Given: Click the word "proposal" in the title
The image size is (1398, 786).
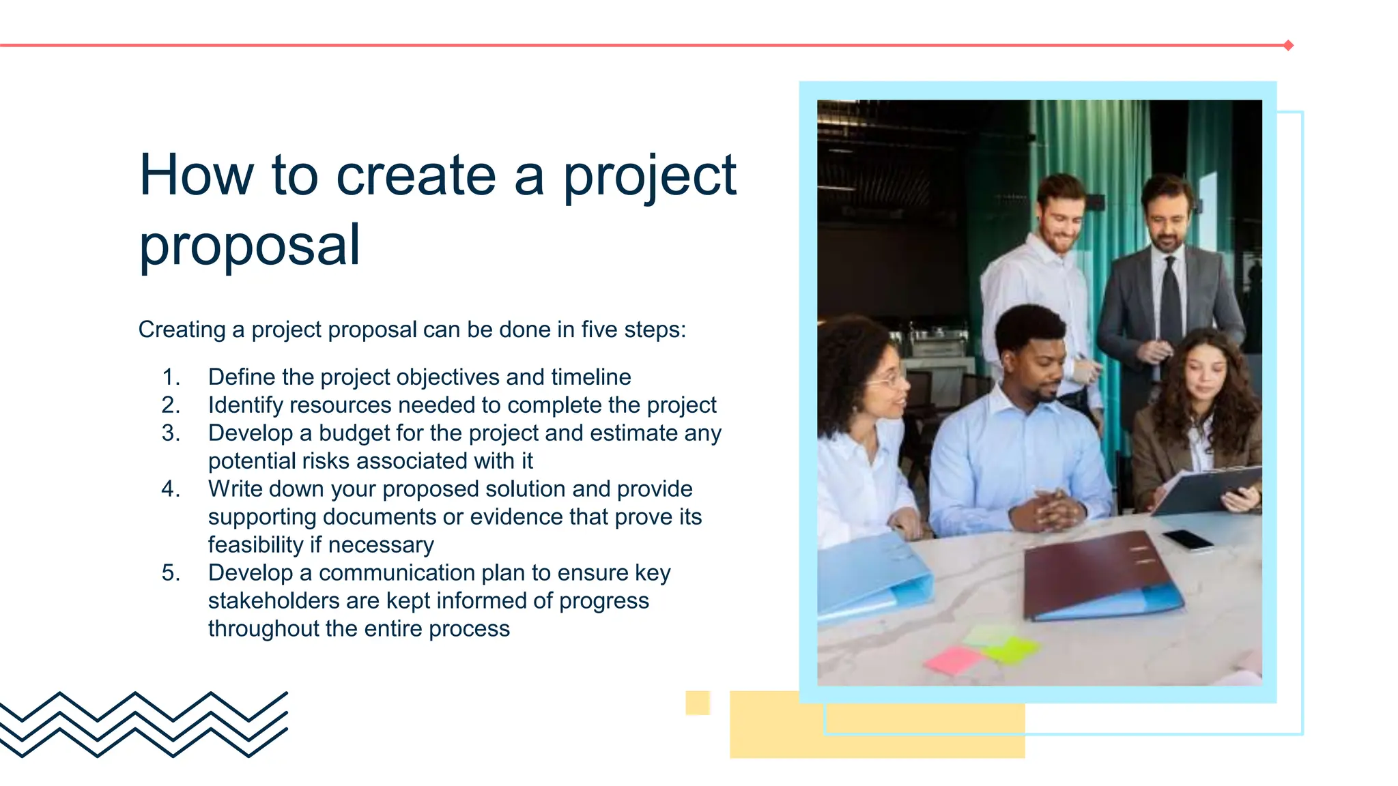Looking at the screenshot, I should point(249,246).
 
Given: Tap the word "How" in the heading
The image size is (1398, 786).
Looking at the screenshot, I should point(197,175).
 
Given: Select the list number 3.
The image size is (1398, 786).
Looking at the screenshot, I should point(171,433).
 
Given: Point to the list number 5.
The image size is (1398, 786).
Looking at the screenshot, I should point(171,573).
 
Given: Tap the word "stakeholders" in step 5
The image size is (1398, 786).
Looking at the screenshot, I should point(273,601).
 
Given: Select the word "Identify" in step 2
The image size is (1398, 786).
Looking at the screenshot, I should point(245,405).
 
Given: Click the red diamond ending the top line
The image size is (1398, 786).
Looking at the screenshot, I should point(1288,46).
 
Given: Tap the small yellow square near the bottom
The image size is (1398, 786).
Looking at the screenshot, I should point(698,703).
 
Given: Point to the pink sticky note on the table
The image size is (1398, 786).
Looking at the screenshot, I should point(953,660).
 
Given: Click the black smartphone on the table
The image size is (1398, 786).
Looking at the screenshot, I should point(1188,540).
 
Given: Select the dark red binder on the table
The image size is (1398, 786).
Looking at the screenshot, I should point(1099,573).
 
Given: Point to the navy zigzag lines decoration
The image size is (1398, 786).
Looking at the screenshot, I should point(143,724).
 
